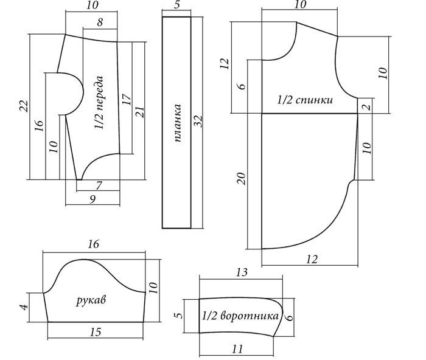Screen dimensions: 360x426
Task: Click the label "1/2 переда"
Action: tap(100, 103)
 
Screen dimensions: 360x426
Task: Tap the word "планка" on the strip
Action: tap(178, 124)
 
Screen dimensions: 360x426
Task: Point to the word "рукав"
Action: tap(89, 300)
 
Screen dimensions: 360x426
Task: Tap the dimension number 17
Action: tap(127, 100)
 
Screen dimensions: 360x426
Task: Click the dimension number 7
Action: tap(99, 185)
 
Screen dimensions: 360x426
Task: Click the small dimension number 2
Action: tap(365, 106)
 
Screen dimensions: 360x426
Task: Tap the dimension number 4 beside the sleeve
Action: tap(25, 307)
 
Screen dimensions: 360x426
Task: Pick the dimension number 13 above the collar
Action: tap(242, 272)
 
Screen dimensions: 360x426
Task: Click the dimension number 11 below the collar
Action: tap(238, 348)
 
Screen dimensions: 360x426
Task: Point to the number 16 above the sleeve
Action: tap(93, 244)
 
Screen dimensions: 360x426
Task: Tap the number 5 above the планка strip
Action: tap(176, 6)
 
